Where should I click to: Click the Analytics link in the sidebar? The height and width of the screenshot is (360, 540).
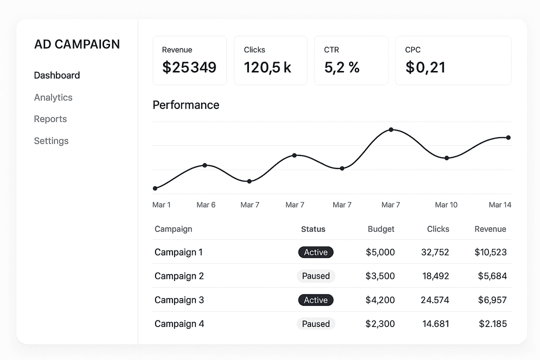53,97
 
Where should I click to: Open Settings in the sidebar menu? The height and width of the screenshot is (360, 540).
51,141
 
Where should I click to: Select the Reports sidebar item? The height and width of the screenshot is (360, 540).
50,119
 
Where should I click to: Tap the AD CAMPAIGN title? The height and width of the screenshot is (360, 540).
77,44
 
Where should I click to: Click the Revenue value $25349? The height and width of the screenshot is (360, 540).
189,67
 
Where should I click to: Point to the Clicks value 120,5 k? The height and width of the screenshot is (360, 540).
267,67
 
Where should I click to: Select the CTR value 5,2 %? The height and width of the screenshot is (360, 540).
341,67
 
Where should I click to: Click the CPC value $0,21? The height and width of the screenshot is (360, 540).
425,67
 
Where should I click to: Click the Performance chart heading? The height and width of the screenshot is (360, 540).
186,105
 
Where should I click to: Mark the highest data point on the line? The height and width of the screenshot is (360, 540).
391,129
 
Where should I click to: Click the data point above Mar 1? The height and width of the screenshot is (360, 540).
155,188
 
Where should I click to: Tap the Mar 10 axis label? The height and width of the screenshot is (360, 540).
446,205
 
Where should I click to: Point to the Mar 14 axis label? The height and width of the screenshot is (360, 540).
499,205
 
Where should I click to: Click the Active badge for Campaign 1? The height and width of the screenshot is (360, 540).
316,252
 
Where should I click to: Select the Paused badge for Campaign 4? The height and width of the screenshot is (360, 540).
316,324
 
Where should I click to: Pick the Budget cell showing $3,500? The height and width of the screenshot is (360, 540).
380,276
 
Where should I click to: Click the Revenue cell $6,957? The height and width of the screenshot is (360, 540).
492,300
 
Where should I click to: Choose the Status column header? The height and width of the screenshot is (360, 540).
313,229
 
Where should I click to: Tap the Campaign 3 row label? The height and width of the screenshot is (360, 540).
179,300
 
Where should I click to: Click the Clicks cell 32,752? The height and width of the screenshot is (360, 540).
435,252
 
